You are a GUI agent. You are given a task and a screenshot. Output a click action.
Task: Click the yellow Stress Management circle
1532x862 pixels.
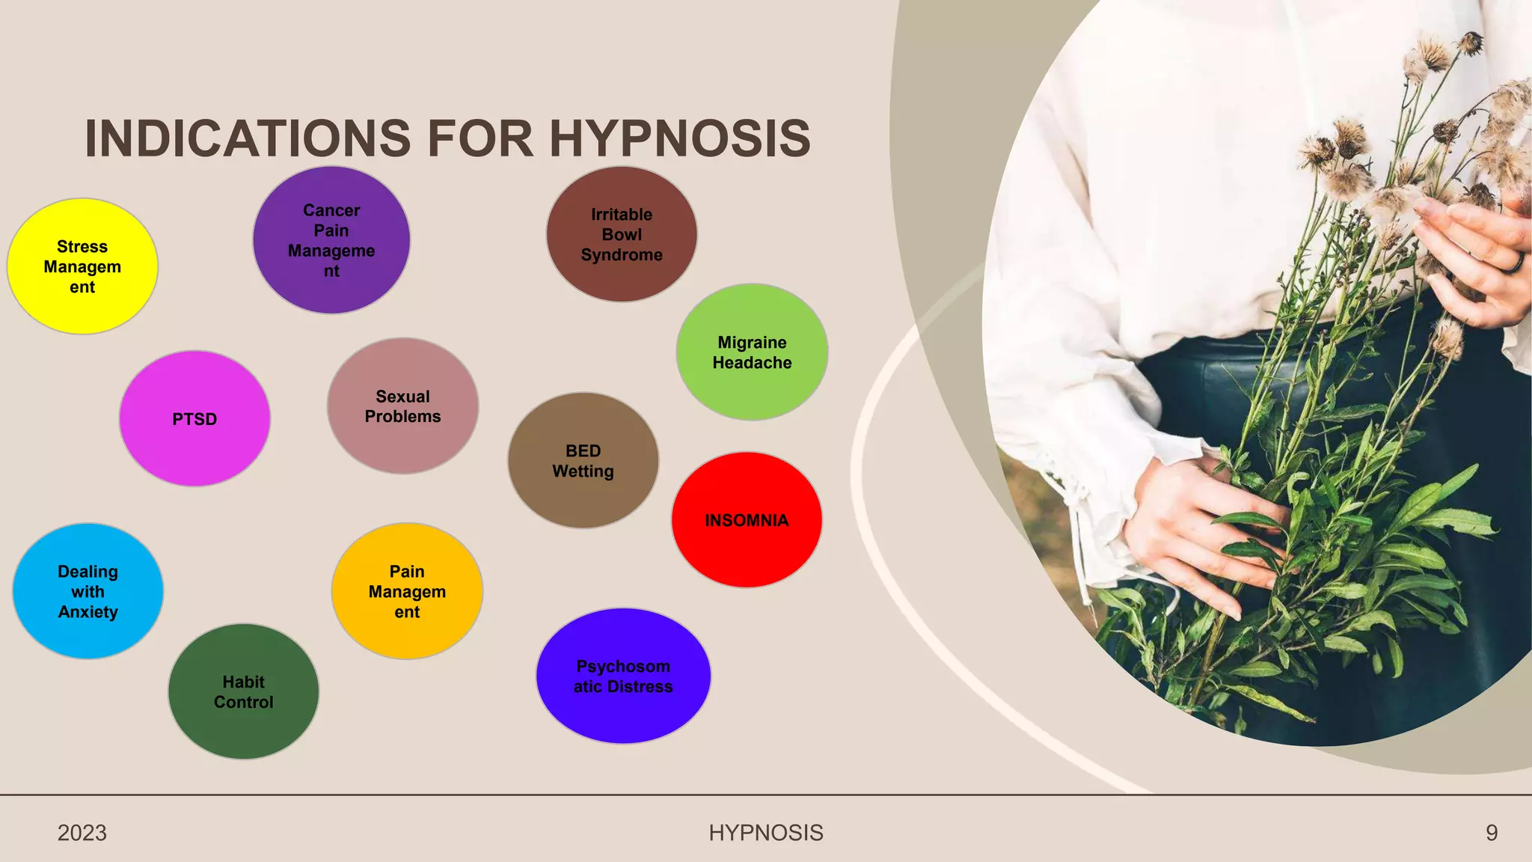[82, 266]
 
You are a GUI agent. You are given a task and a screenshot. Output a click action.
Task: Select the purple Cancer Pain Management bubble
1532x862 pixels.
[331, 240]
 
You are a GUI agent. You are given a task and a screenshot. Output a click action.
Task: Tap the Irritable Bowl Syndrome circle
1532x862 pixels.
[622, 234]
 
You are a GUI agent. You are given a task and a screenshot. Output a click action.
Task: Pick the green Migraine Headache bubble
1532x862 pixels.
[752, 352]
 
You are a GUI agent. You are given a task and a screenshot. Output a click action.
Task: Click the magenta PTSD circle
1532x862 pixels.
[194, 419]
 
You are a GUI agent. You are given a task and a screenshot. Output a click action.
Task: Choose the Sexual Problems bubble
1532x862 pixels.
[402, 406]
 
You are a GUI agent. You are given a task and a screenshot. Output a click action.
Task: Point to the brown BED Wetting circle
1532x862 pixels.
[583, 460]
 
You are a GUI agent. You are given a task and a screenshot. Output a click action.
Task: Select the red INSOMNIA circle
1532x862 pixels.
[747, 520]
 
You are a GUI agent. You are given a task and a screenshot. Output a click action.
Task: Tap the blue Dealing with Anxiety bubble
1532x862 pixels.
[88, 591]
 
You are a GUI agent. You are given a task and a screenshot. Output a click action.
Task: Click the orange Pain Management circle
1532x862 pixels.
[407, 591]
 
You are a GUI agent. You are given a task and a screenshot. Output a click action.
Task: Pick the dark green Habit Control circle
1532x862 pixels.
[243, 691]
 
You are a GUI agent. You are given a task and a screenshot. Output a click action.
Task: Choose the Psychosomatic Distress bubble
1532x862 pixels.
[623, 676]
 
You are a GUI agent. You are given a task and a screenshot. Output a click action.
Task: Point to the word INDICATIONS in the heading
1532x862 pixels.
[248, 138]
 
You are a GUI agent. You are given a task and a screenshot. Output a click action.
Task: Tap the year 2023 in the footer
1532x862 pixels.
[82, 833]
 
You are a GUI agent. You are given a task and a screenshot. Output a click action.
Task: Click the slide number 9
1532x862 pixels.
[1492, 833]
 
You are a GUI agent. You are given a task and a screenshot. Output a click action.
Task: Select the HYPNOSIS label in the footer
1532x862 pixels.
[765, 833]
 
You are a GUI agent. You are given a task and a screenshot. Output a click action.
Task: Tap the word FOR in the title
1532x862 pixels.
[479, 138]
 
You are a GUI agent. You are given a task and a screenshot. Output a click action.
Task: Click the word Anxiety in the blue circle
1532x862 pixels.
[88, 612]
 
